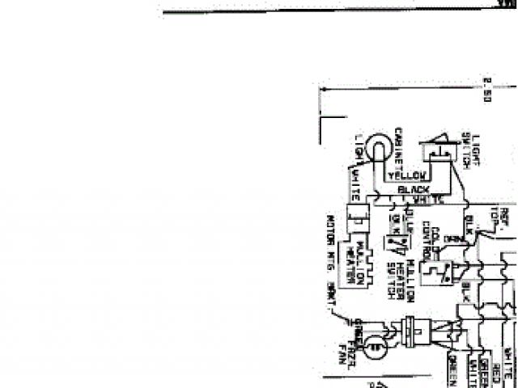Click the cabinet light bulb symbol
376,150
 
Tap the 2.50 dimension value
487,89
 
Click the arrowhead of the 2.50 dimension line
321,89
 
